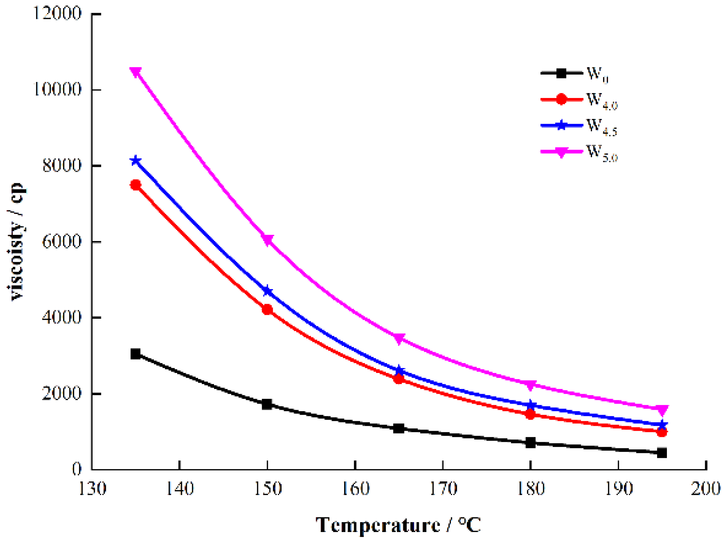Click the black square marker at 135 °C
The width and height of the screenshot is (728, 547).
136,354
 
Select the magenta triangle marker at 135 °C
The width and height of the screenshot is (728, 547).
136,72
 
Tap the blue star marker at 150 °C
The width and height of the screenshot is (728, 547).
267,291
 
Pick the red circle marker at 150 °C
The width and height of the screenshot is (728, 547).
267,310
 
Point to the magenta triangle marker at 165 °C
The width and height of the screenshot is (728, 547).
399,338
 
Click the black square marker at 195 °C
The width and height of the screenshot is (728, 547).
662,453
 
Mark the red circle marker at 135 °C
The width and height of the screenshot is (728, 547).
136,185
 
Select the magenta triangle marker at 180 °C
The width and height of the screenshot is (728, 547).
530,384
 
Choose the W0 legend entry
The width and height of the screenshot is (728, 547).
574,73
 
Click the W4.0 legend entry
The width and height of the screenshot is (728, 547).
579,99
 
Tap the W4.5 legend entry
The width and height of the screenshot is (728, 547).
579,126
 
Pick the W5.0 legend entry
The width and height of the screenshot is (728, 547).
579,152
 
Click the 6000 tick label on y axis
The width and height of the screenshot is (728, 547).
61,242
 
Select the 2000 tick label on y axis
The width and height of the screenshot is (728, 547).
61,394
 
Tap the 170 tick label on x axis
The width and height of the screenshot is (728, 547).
443,489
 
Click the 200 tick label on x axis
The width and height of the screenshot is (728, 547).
706,489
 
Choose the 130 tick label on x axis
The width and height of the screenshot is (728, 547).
92,489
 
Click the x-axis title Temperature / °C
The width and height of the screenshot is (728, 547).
398,525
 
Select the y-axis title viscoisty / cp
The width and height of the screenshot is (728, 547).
16,242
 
